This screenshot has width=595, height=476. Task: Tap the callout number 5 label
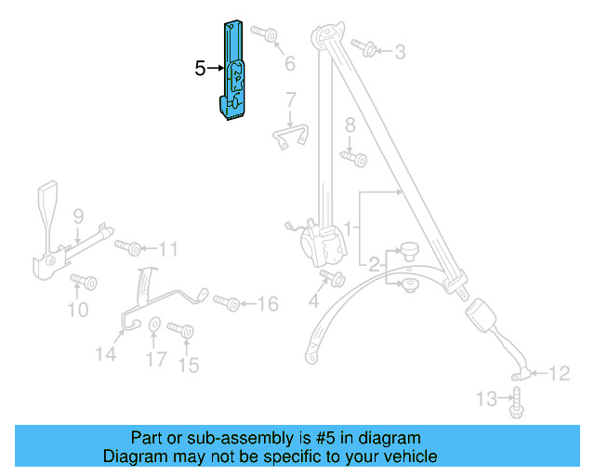200,68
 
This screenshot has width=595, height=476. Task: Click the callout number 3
400,52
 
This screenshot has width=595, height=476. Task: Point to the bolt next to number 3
364,46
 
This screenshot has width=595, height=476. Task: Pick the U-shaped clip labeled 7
291,137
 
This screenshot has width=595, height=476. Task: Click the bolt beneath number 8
353,158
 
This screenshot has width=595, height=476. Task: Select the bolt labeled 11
129,247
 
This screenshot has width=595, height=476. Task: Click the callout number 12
558,375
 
